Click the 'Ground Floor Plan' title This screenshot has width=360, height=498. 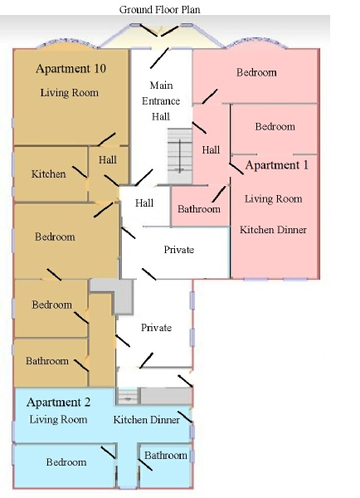click(x=160, y=9)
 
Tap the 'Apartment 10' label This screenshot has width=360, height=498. click(x=71, y=69)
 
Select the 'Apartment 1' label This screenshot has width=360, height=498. click(x=276, y=165)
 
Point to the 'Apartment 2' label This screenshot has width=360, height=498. click(x=58, y=403)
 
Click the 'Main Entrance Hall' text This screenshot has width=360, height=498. click(x=161, y=100)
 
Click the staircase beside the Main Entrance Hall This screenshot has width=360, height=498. click(x=180, y=156)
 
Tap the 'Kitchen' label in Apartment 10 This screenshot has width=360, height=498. click(x=49, y=173)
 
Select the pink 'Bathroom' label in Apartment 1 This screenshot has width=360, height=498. click(x=199, y=208)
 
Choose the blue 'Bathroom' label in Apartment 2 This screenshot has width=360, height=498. click(x=166, y=455)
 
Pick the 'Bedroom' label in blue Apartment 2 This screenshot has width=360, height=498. click(x=66, y=461)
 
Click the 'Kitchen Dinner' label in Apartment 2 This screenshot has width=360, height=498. click(x=146, y=419)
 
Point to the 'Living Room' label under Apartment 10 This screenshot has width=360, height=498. click(x=69, y=92)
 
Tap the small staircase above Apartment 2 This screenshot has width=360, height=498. click(x=128, y=396)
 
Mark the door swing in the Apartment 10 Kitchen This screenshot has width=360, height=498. click(x=80, y=172)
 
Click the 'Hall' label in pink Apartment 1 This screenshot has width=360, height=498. click(x=211, y=149)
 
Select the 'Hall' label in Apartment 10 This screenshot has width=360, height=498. click(x=108, y=159)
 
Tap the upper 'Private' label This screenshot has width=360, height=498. click(x=178, y=250)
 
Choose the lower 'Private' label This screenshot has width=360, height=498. click(x=156, y=328)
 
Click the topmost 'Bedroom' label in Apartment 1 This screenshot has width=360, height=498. click(x=256, y=72)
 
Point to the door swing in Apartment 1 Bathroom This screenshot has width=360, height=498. click(x=219, y=194)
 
